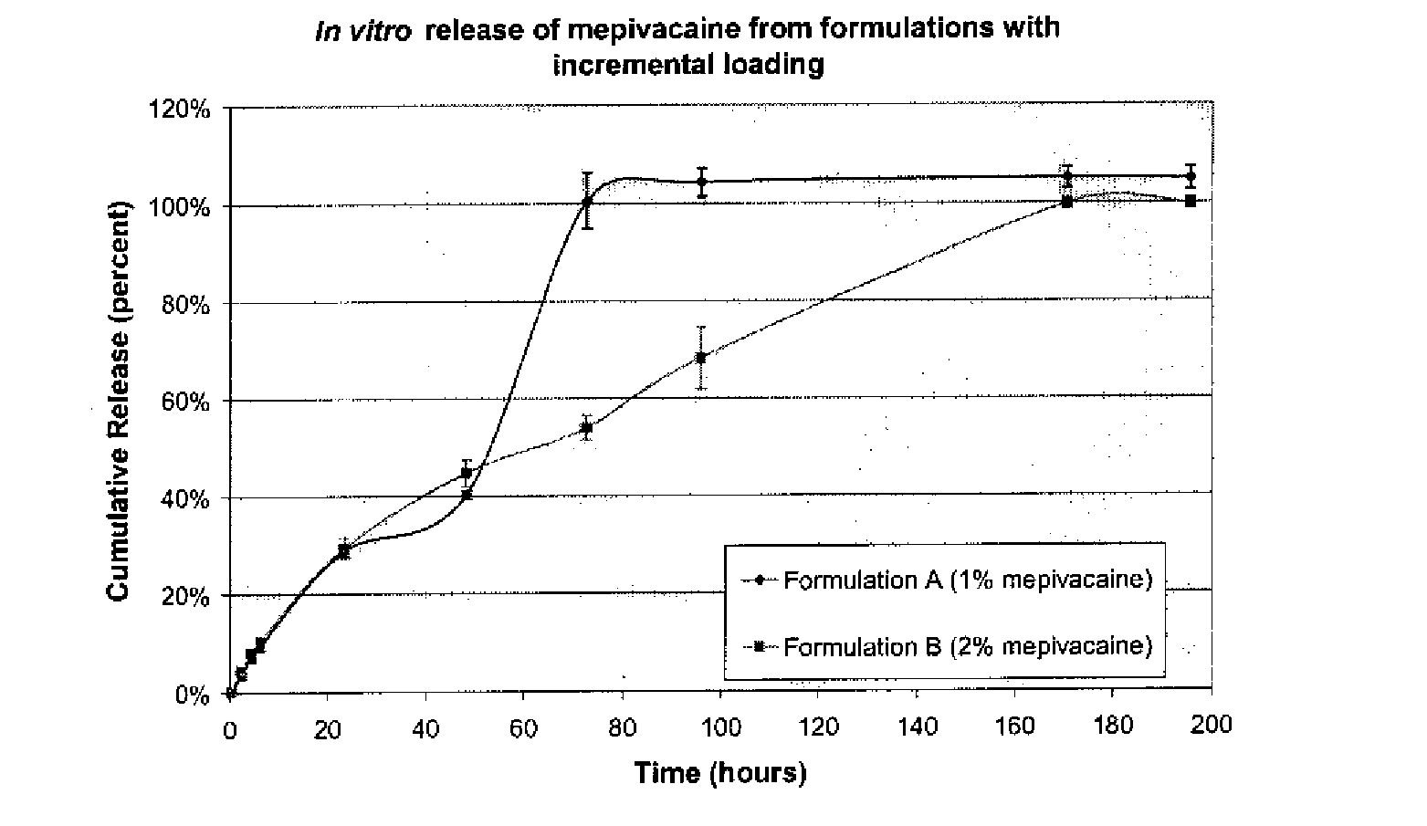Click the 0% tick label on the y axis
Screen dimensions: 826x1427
click(x=192, y=695)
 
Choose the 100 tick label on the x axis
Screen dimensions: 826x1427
click(x=720, y=727)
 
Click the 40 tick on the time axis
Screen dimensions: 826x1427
click(x=425, y=727)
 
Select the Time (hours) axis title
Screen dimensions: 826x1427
click(x=720, y=773)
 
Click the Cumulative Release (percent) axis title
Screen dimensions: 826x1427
click(x=118, y=402)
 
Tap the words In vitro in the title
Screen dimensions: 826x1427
click(x=362, y=31)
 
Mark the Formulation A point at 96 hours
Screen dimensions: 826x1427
click(x=702, y=181)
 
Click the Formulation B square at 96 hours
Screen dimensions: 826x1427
click(x=701, y=358)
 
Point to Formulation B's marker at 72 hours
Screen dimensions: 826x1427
click(x=586, y=427)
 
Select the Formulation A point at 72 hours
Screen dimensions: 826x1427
click(x=586, y=201)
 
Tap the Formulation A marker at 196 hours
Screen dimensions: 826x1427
click(x=1191, y=176)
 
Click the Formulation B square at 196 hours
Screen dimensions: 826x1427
click(x=1191, y=201)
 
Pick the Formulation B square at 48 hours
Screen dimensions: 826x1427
click(x=467, y=473)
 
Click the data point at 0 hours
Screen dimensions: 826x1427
click(x=231, y=693)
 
